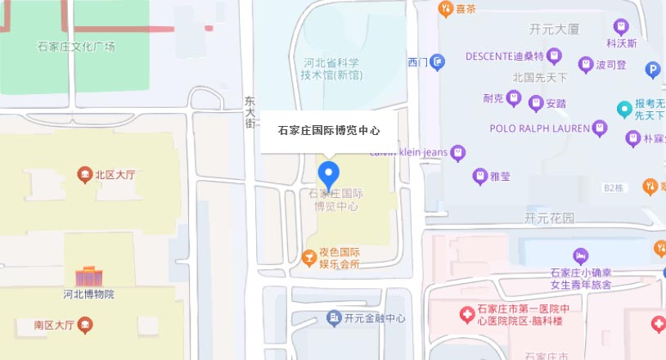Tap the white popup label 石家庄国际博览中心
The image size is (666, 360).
[328, 130]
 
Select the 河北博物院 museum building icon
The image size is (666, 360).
[88, 277]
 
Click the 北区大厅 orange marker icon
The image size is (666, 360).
[83, 174]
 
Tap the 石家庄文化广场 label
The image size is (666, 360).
[76, 46]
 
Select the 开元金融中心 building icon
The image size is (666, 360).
[333, 317]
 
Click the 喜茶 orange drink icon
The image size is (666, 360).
[445, 10]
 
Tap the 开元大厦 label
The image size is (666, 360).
[554, 29]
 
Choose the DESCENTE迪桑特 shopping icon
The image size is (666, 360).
[556, 56]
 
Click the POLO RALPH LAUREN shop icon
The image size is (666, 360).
[600, 128]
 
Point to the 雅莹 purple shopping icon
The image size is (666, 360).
[480, 175]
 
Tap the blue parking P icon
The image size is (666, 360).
[652, 70]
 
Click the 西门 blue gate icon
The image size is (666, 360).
[439, 61]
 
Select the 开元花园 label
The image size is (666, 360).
[549, 218]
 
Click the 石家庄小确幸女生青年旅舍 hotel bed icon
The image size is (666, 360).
[580, 256]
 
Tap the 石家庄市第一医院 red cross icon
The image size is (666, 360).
[466, 313]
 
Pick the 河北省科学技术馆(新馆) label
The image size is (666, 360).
[332, 69]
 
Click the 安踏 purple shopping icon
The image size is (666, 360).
[536, 103]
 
